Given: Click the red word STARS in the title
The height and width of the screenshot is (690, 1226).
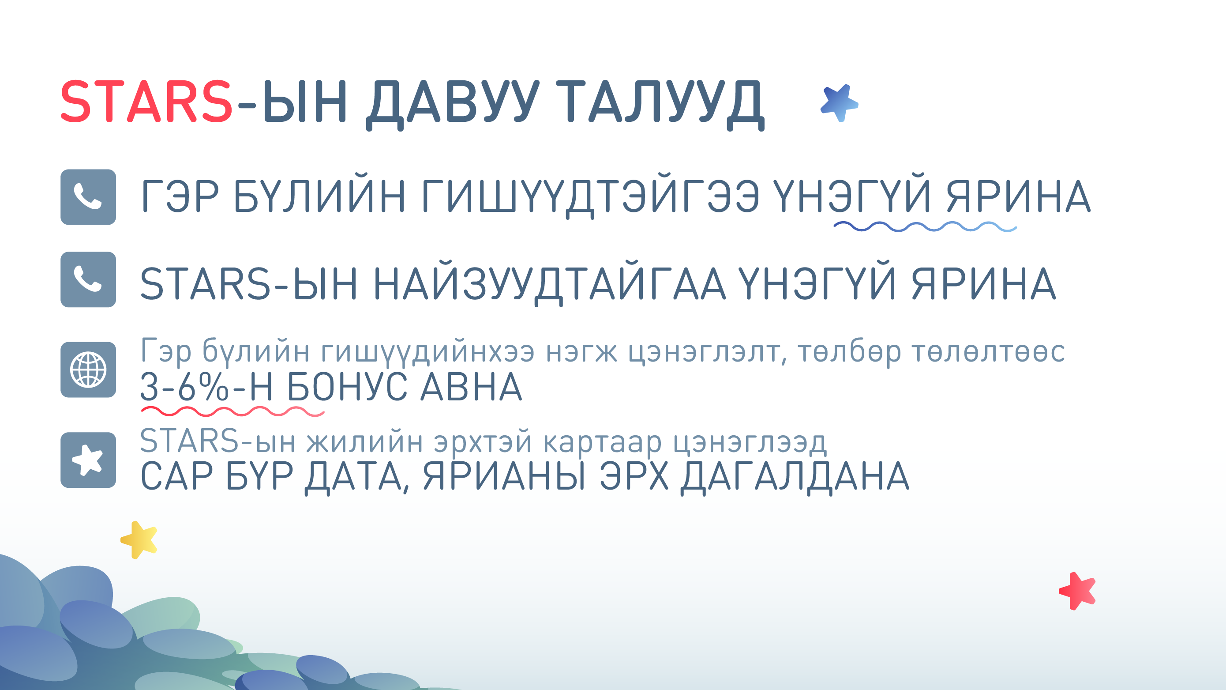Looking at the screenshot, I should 146,102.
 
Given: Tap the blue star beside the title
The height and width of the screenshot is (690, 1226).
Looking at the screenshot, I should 839,103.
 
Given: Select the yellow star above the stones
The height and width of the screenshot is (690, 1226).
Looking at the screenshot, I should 139,539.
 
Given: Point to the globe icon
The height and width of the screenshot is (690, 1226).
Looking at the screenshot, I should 88,370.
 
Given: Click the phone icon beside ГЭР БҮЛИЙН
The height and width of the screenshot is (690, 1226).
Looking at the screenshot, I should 88,196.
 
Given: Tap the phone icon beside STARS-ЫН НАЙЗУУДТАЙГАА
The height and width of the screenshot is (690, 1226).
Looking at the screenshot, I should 88,279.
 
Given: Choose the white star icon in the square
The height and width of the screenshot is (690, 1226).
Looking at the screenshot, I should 88,460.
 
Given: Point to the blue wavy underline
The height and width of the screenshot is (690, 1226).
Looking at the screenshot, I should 925,226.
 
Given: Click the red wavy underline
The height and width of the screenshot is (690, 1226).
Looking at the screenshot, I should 232,411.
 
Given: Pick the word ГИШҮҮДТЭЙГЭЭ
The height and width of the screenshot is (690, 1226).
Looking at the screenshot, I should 590,196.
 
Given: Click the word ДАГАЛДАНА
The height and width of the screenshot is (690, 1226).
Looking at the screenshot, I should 795,476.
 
